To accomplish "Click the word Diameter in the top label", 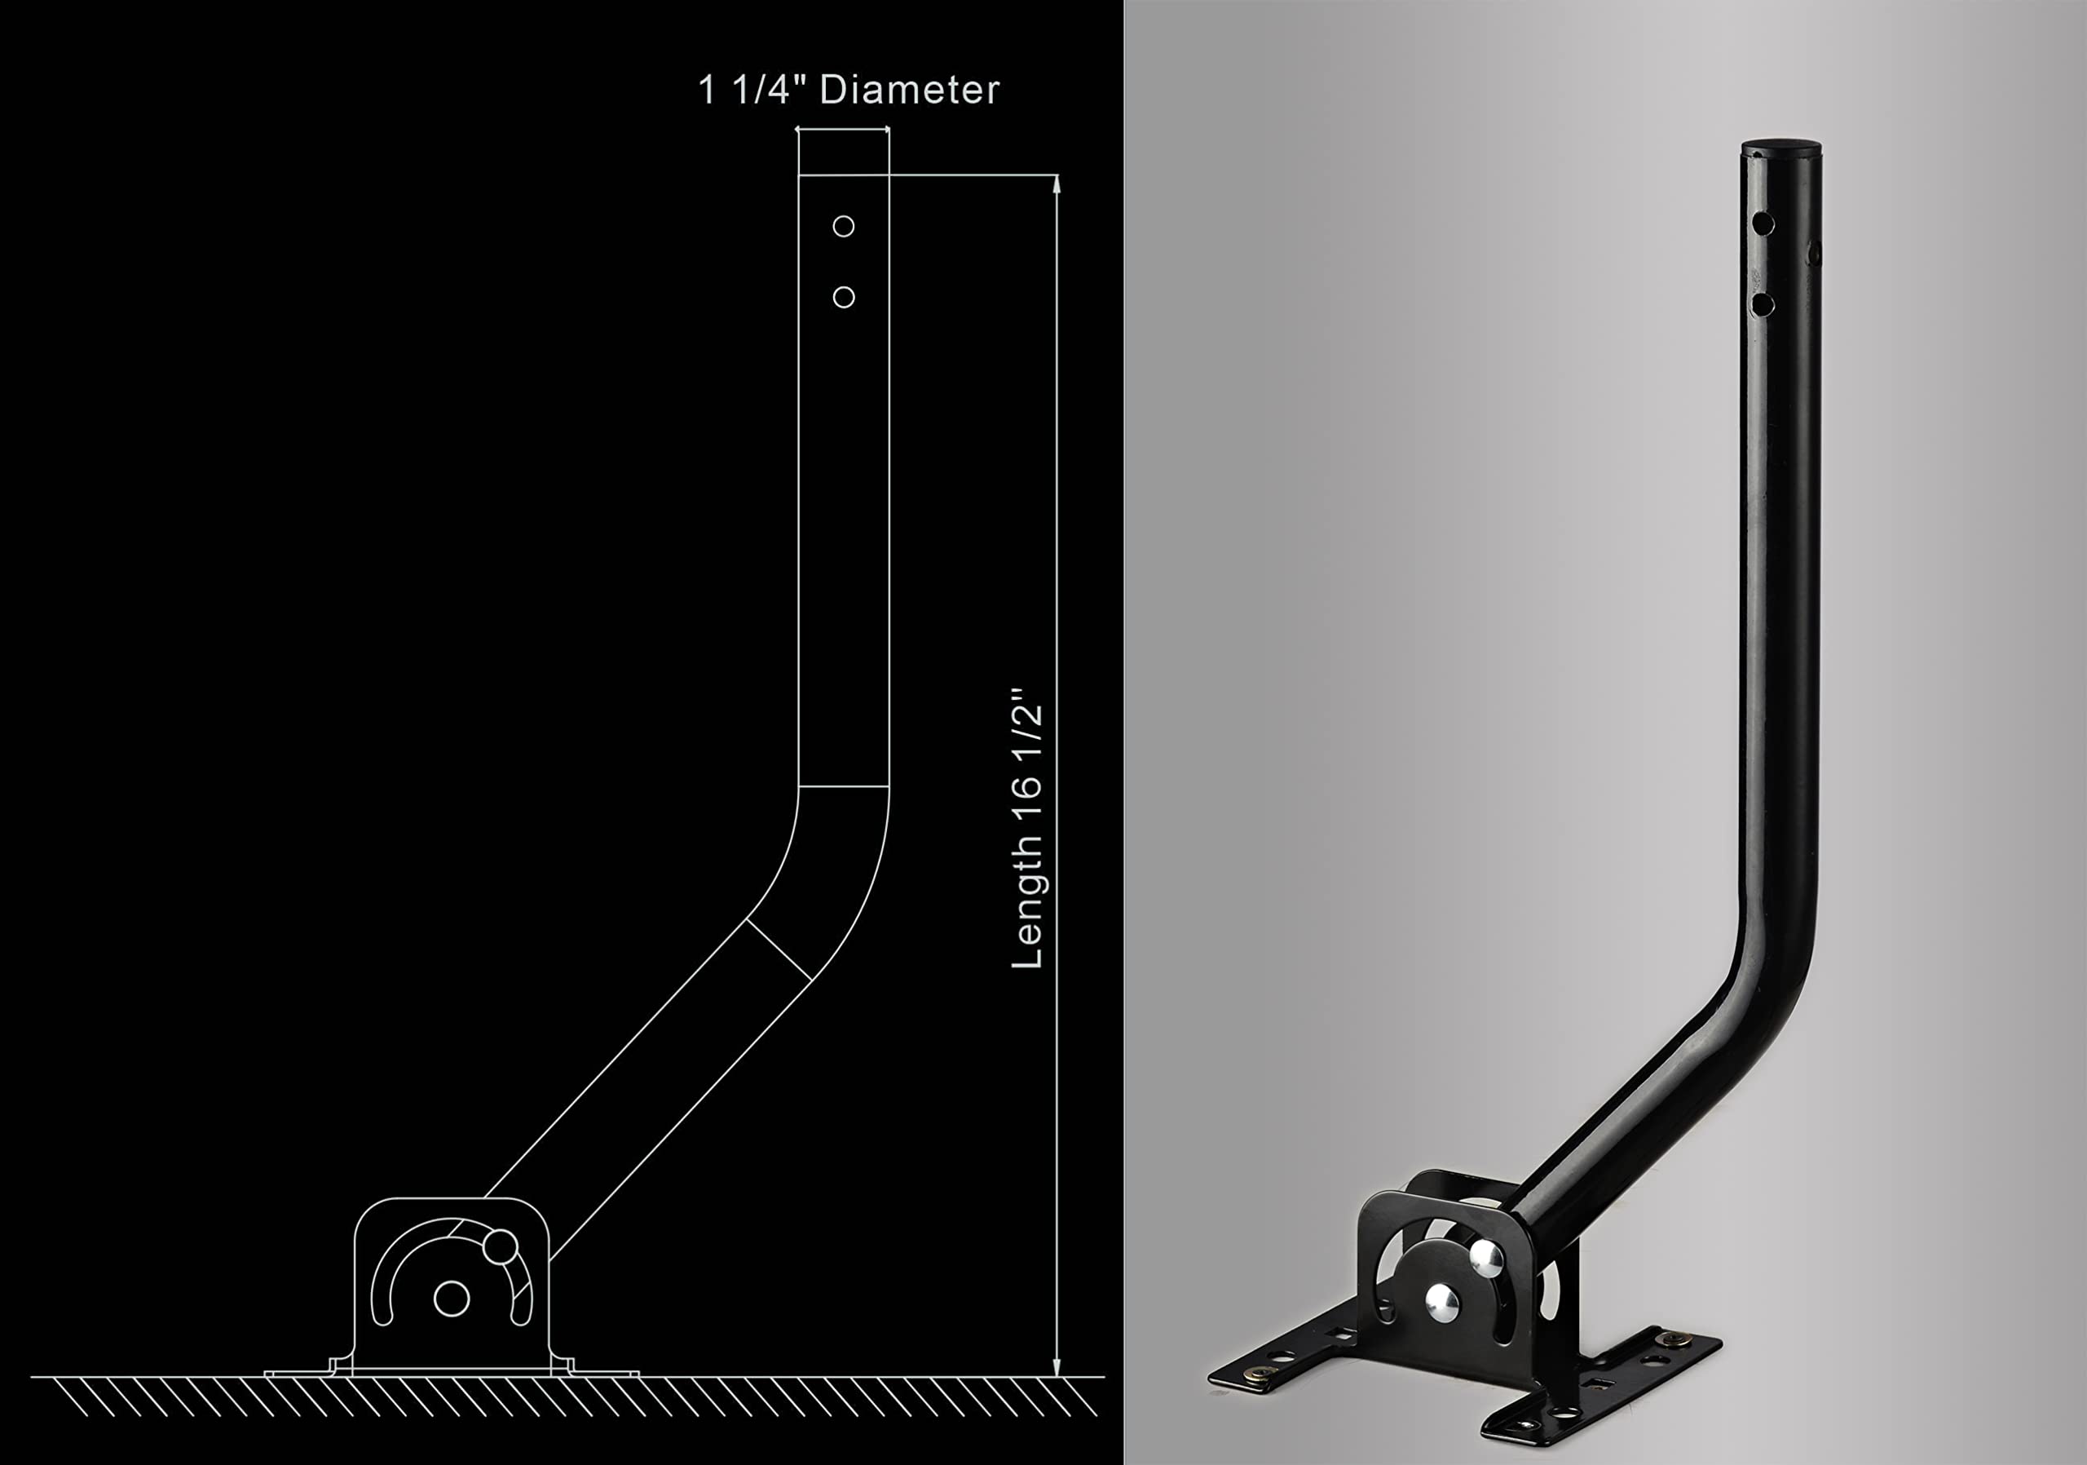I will tap(909, 90).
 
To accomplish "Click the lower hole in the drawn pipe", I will tap(844, 298).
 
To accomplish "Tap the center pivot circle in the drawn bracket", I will tap(452, 1299).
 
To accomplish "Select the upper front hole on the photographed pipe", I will tap(1763, 223).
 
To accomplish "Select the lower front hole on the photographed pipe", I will tap(1763, 304).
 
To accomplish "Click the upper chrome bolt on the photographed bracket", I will tap(1486, 1258).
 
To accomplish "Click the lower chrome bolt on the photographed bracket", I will tap(1441, 1304).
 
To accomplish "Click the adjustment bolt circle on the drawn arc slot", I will tap(500, 1246).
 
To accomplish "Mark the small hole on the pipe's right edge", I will tap(1815, 253).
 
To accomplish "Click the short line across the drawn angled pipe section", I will tap(779, 949).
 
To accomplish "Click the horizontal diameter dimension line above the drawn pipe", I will tap(843, 130).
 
